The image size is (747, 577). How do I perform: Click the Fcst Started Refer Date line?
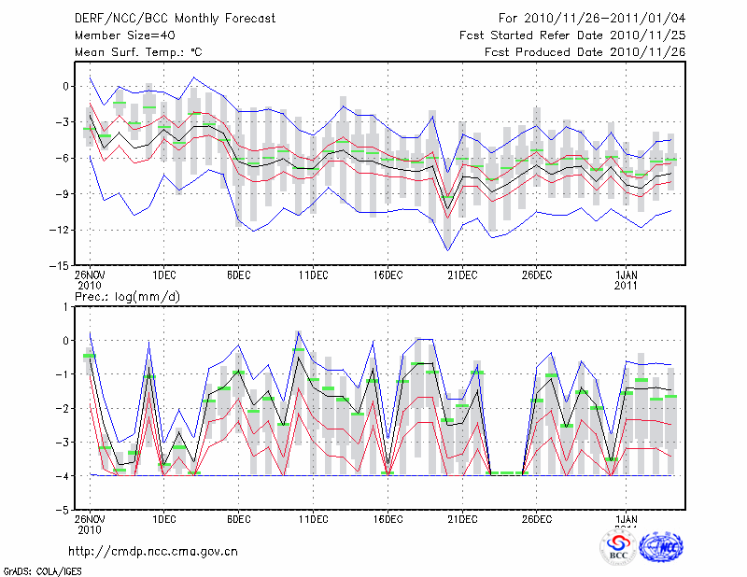coord(572,35)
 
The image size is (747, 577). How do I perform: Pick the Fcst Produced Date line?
coord(585,52)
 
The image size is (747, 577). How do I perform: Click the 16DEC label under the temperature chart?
coord(388,275)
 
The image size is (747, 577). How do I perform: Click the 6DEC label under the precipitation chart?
coord(238,520)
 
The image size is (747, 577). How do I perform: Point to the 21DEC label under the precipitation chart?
coord(462,520)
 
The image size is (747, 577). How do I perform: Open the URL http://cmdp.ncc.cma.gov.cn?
coord(153,551)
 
